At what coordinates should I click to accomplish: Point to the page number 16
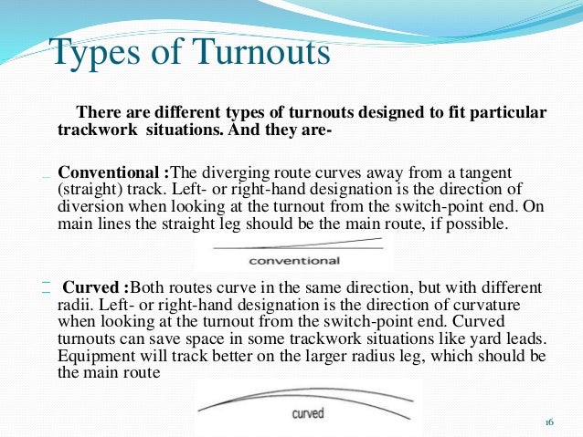click(x=549, y=422)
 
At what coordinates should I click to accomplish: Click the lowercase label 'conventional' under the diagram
click(x=294, y=261)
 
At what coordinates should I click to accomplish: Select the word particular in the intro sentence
click(x=509, y=112)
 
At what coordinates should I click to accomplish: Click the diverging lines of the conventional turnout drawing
click(x=294, y=245)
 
